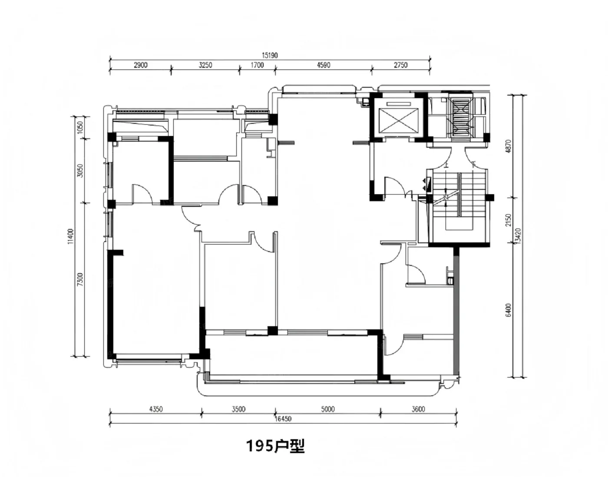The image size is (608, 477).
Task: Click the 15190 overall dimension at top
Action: [270, 56]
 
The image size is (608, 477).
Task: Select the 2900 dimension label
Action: [140, 65]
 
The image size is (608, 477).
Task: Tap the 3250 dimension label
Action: [205, 65]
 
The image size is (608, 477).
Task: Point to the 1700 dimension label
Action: [257, 65]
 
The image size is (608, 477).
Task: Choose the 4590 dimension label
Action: [324, 65]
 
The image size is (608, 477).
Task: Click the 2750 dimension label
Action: [401, 65]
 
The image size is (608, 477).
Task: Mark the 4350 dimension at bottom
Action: [156, 409]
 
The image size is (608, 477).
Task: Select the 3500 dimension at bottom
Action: [238, 409]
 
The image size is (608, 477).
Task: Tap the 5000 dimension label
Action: [328, 409]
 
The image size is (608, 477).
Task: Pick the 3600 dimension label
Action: [418, 409]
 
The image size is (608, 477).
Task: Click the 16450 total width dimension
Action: [283, 419]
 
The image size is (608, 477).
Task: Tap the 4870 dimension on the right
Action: [509, 146]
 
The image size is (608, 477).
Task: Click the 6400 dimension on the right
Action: [509, 310]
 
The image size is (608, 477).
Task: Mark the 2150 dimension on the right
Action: [509, 220]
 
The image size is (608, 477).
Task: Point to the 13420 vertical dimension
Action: [518, 237]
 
